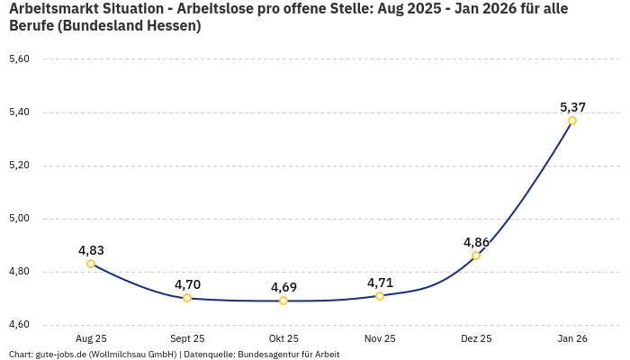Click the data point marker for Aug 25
[x=91, y=264]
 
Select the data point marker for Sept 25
[x=187, y=298]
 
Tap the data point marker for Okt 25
[x=283, y=301]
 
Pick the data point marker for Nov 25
[x=380, y=295]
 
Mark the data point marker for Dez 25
[x=476, y=256]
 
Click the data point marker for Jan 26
[x=572, y=121]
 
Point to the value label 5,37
[x=573, y=107]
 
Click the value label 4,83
[x=91, y=250]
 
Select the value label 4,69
[x=283, y=287]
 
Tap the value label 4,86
[x=476, y=242]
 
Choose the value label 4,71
[x=380, y=283]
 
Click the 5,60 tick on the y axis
[x=19, y=59]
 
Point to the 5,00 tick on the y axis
[x=19, y=219]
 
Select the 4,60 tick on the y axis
[x=19, y=325]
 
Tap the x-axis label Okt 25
[x=283, y=338]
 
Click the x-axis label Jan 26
[x=572, y=338]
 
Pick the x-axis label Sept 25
[x=187, y=338]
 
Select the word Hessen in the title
[x=168, y=26]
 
